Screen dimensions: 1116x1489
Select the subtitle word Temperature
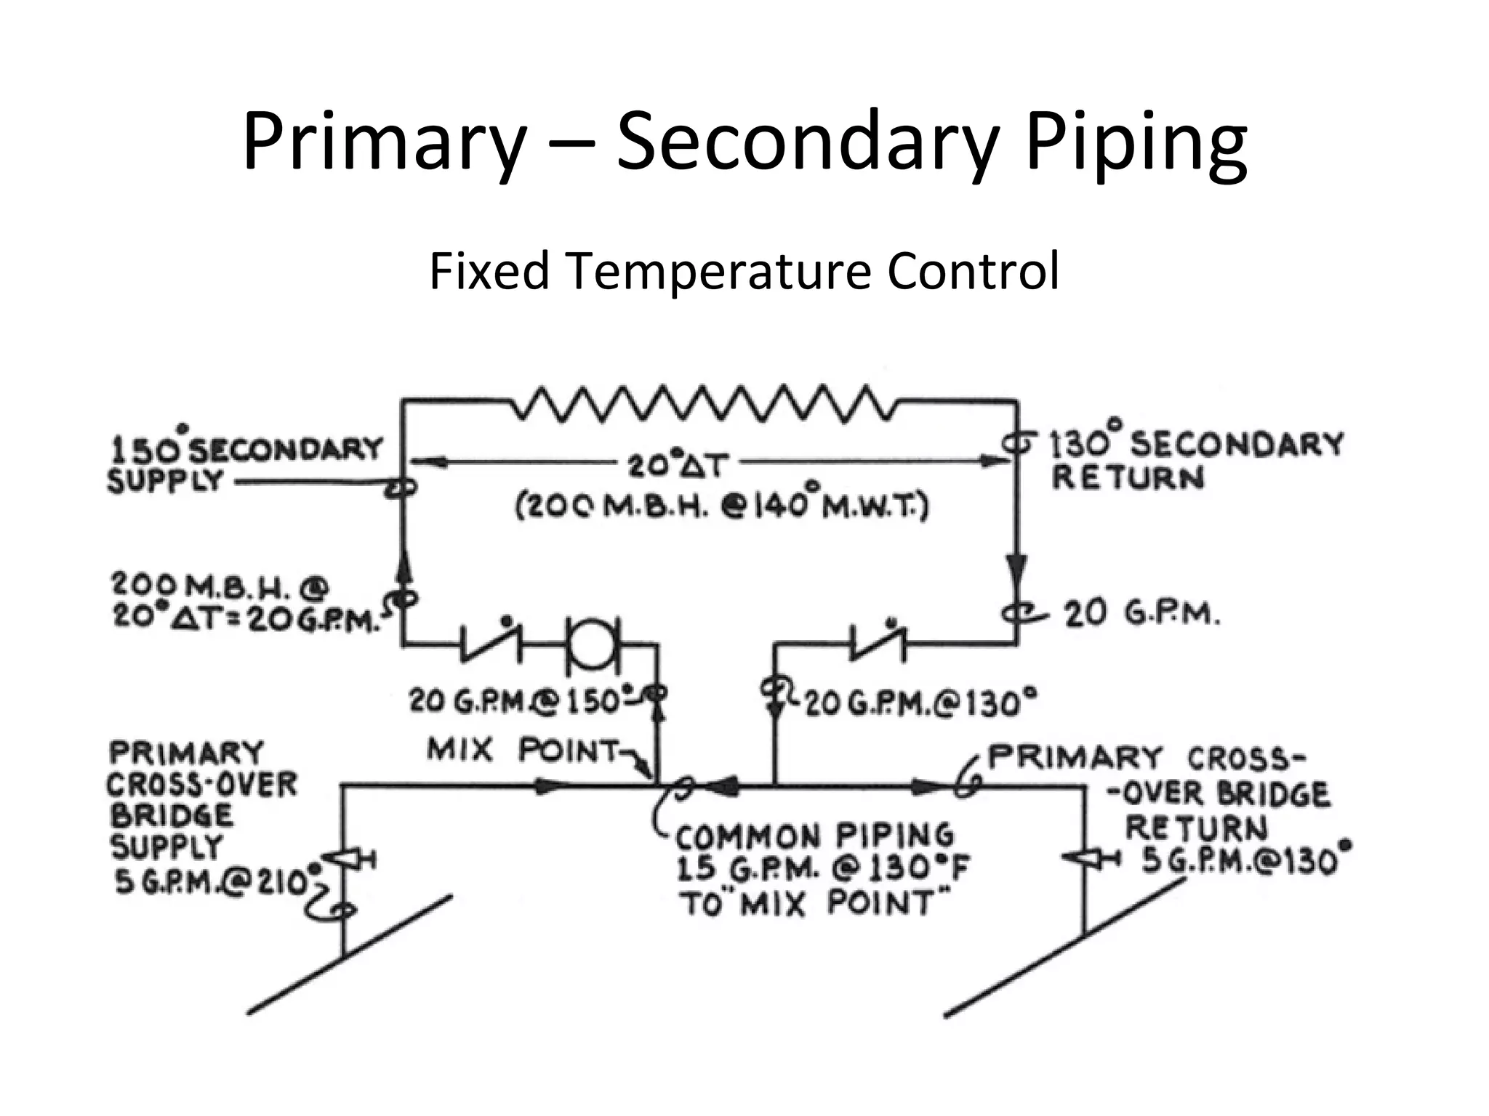pos(718,271)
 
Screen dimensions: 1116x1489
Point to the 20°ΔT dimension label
pos(677,464)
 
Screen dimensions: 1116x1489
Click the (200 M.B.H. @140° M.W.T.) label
pos(721,505)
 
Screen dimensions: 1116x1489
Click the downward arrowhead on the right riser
pos(1016,567)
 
